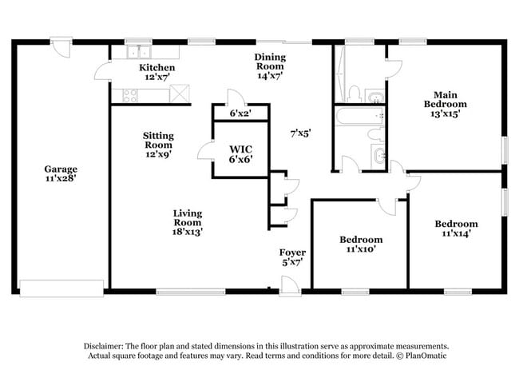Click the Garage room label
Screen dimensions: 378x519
(61, 174)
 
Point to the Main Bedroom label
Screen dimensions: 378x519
(445, 103)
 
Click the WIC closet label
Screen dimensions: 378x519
(241, 153)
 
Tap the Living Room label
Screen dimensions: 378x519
(188, 222)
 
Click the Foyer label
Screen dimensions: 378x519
(292, 257)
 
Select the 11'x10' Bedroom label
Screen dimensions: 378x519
(361, 244)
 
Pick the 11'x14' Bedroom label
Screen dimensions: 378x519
(456, 229)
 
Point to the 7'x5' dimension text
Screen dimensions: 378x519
(299, 133)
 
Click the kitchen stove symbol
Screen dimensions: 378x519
(129, 95)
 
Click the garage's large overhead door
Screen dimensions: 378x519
(61, 287)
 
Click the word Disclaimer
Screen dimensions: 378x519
(107, 344)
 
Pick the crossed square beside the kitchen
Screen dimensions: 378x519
(181, 94)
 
